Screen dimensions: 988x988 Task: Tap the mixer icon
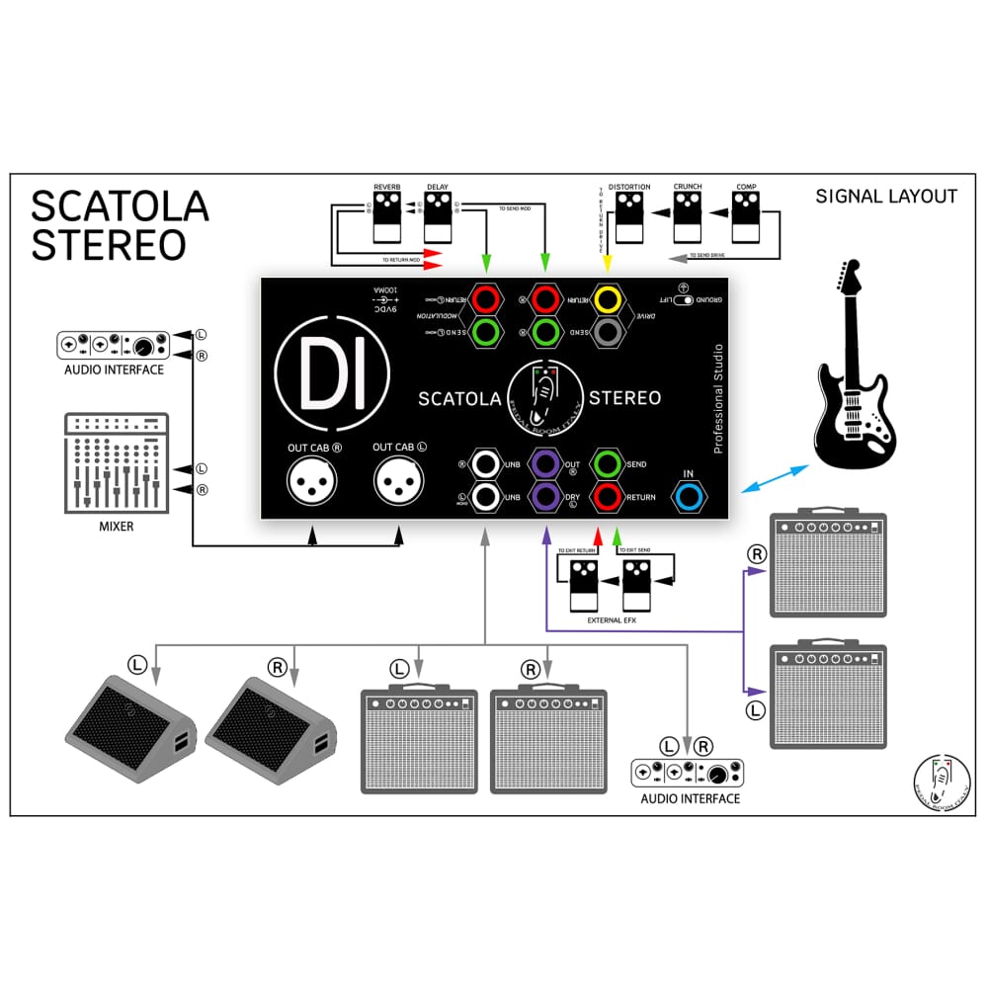point(115,463)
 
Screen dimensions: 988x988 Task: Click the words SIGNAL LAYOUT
point(886,197)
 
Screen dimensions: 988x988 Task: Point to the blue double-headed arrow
point(775,479)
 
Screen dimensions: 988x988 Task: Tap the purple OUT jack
point(544,463)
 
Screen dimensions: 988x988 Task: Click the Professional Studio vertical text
point(718,398)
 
